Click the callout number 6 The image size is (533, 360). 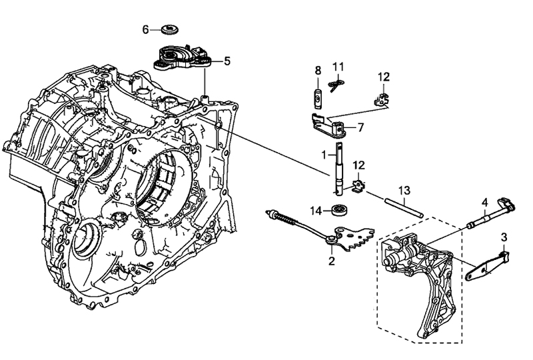click(x=146, y=29)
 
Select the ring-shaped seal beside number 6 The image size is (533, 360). click(x=171, y=29)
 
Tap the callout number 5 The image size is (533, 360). click(x=227, y=61)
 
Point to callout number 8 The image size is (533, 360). click(x=318, y=71)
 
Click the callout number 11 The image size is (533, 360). click(x=338, y=67)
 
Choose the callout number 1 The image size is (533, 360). click(x=324, y=154)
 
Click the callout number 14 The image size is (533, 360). click(x=317, y=211)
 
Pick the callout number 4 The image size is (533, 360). click(x=485, y=202)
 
